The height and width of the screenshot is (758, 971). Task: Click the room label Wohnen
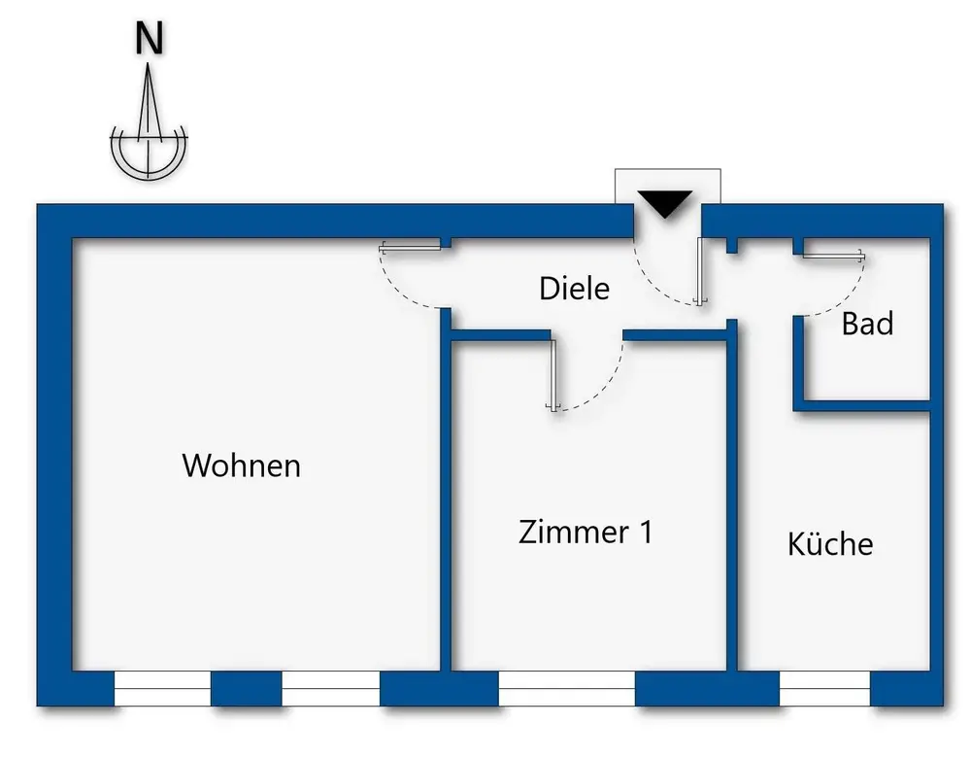click(241, 465)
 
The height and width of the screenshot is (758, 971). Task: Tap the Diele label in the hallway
click(574, 289)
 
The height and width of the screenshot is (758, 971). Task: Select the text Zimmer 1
click(586, 532)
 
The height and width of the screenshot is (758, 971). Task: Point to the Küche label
click(830, 543)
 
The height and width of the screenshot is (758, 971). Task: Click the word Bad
click(867, 324)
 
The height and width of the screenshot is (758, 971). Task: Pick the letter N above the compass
click(149, 40)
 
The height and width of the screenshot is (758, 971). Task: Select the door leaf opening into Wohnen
click(413, 246)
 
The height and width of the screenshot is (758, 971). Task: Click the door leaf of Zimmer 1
click(553, 374)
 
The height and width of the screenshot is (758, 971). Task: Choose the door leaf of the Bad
click(832, 256)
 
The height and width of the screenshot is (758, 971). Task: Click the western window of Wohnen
click(162, 688)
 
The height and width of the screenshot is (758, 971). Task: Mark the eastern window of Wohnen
click(330, 688)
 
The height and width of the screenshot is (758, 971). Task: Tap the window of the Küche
click(824, 688)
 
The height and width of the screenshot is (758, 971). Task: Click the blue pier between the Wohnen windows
click(246, 688)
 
